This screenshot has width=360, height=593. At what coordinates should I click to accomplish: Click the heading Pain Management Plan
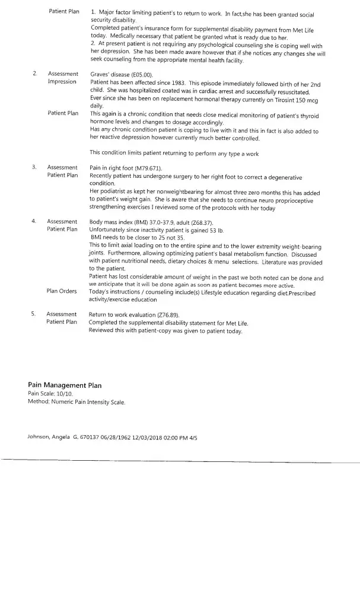[65, 385]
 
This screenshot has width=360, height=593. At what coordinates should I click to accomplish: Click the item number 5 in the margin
[34, 314]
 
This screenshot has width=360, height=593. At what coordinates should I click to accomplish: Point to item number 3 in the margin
[34, 168]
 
